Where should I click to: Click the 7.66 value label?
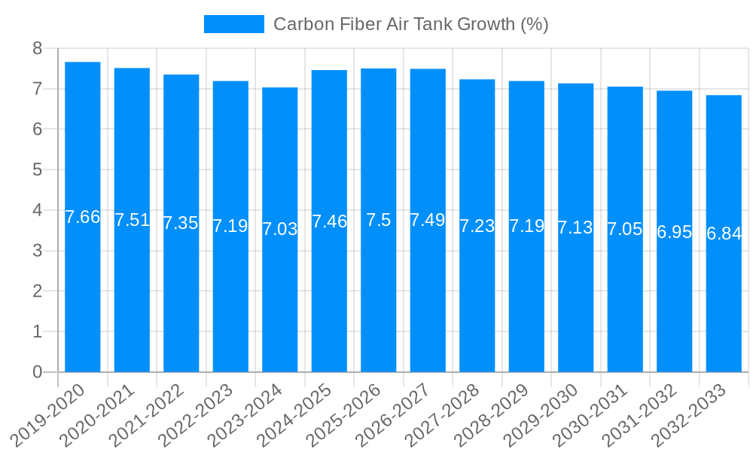[83, 218]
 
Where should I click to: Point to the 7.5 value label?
[379, 220]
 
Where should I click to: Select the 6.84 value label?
[724, 234]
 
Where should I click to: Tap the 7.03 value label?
[280, 229]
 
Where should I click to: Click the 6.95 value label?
[674, 232]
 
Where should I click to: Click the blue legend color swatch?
[234, 24]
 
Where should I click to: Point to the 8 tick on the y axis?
[37, 49]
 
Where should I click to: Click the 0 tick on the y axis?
[37, 372]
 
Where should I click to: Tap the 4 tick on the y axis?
[37, 210]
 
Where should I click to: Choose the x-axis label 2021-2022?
[149, 415]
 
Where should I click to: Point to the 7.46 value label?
[329, 221]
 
